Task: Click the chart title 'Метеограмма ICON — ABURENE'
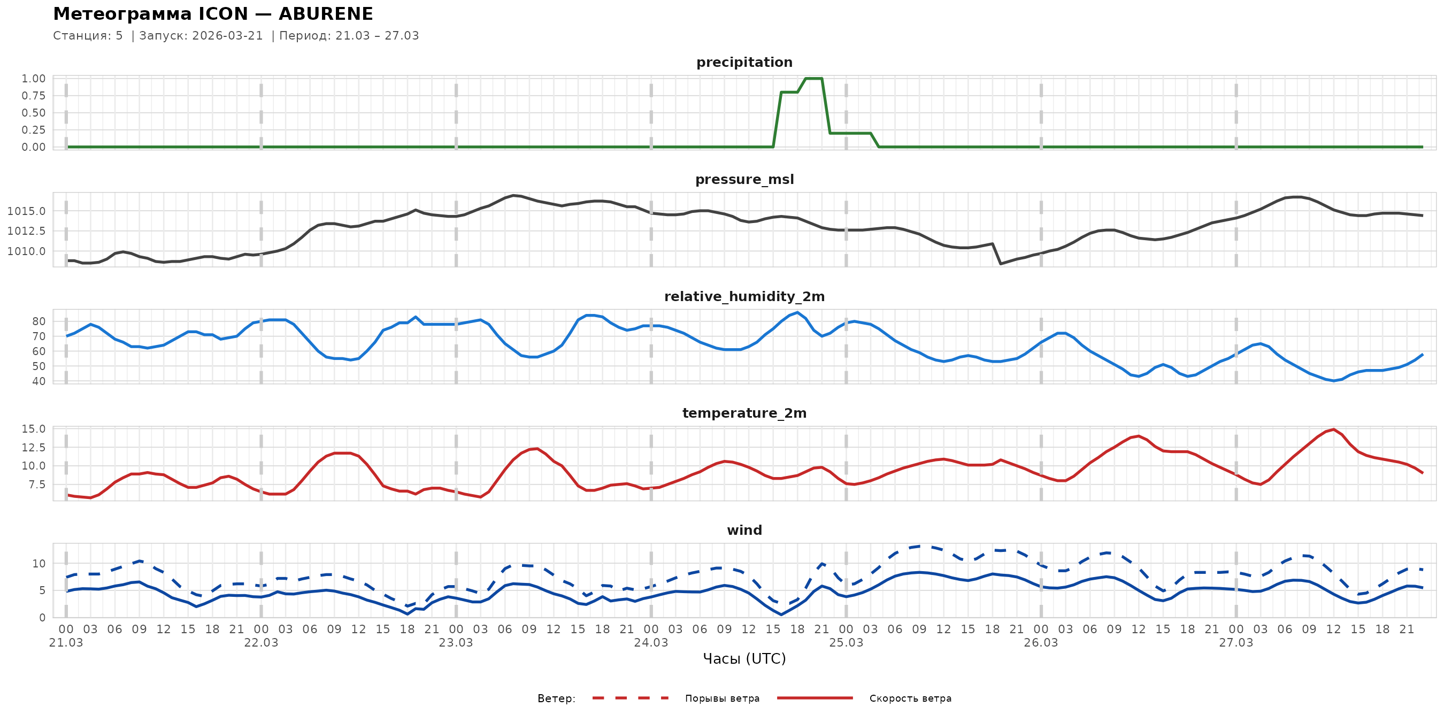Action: click(x=213, y=13)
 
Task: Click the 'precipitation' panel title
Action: click(x=744, y=62)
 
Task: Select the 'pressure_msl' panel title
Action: click(x=744, y=179)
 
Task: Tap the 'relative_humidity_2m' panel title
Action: click(x=744, y=296)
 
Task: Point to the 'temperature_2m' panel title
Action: click(x=744, y=413)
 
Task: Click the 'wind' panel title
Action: click(x=744, y=531)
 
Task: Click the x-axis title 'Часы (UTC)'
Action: click(x=744, y=659)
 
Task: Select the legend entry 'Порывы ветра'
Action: click(x=722, y=698)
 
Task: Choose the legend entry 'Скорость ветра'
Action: click(x=910, y=698)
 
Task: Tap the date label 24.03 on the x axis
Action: click(x=651, y=643)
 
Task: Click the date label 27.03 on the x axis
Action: click(x=1235, y=643)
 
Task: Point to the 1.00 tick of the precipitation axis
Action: click(x=34, y=79)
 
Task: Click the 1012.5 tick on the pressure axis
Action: click(x=26, y=231)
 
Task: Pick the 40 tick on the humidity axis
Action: click(x=39, y=381)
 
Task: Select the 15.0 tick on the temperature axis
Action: click(x=34, y=429)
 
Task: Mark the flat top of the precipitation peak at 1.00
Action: click(x=813, y=79)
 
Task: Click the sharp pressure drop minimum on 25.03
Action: click(x=1001, y=264)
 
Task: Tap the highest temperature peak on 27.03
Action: click(x=1334, y=429)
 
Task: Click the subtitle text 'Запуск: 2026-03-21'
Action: click(x=201, y=36)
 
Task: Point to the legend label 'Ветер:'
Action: click(x=556, y=698)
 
